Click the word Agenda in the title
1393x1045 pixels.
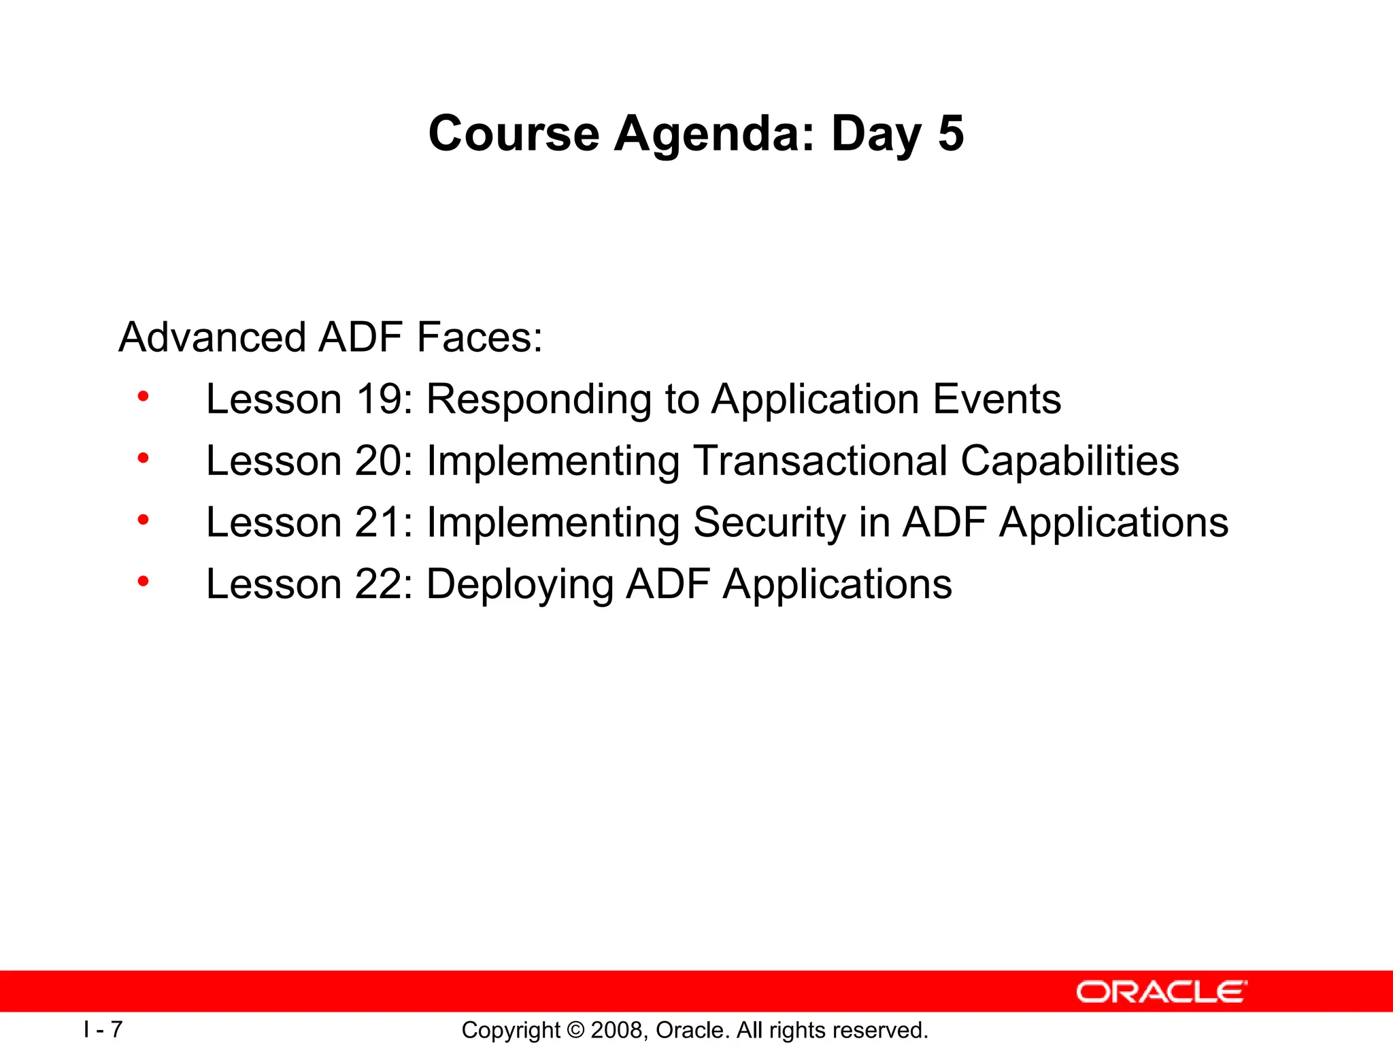click(714, 135)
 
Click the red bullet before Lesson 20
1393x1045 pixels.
click(143, 459)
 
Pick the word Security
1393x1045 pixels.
click(769, 524)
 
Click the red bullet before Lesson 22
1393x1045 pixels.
click(143, 582)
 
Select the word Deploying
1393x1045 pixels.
click(519, 586)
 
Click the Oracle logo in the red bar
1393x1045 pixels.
click(1161, 992)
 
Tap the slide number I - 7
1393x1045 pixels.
click(103, 1029)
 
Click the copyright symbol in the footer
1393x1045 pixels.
click(575, 1030)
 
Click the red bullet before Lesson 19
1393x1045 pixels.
click(143, 397)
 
